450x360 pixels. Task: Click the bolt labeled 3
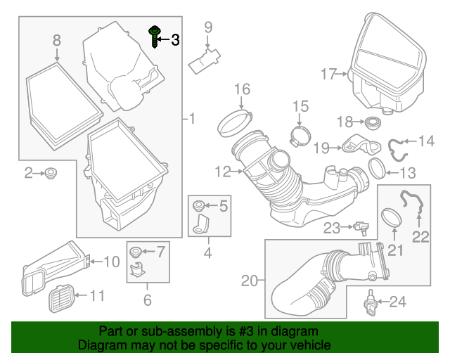pyautogui.click(x=153, y=37)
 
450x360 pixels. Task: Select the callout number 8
pyautogui.click(x=57, y=42)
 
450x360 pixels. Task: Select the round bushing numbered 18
pyautogui.click(x=369, y=122)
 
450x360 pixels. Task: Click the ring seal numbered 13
pyautogui.click(x=378, y=169)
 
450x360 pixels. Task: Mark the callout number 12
pyautogui.click(x=222, y=171)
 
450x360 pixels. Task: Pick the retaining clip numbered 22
pyautogui.click(x=412, y=205)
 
